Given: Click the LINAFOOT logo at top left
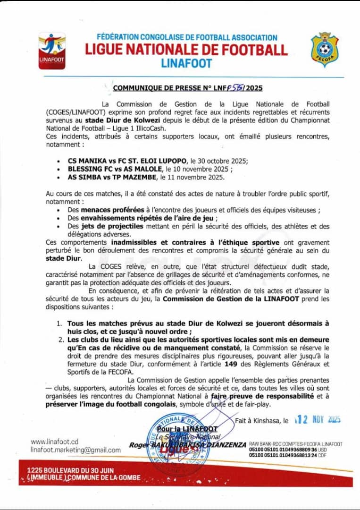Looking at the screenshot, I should [52, 51].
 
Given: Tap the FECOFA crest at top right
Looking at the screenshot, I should [324, 50].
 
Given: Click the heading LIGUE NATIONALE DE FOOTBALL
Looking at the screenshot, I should [186, 50].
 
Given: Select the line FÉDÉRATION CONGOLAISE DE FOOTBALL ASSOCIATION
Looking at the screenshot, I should [187, 37].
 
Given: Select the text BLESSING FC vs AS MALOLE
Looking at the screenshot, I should [112, 170].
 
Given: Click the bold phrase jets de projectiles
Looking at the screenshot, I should [102, 226].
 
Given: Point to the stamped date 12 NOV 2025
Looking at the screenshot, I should [318, 420].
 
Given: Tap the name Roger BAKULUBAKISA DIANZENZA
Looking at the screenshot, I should [188, 444].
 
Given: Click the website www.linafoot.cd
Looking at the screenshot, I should [54, 442].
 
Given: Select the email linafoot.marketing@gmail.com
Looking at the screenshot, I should [75, 450].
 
